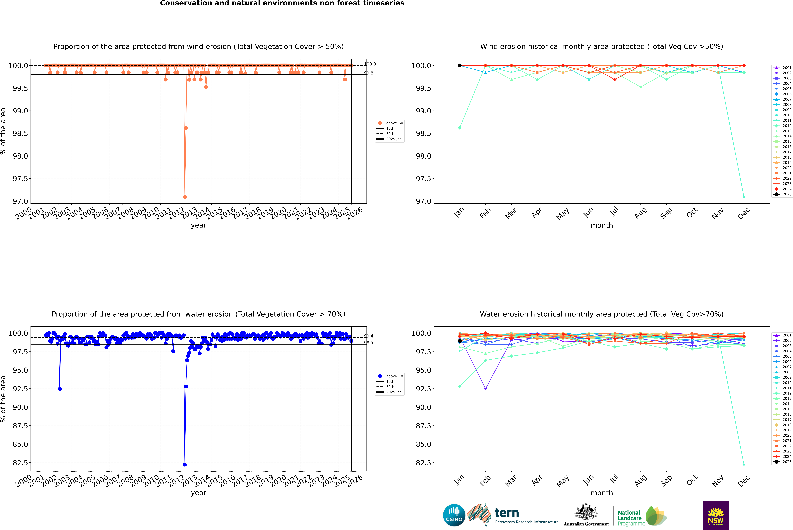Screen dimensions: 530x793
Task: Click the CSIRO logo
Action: tap(454, 515)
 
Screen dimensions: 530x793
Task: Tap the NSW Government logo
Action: tap(716, 515)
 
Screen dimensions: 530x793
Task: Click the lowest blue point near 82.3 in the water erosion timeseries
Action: tap(185, 464)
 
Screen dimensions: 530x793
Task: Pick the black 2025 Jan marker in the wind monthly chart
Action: tap(460, 66)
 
